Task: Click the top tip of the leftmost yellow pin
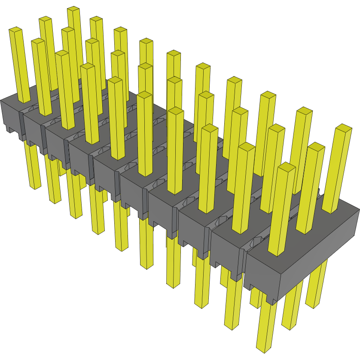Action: click(15, 30)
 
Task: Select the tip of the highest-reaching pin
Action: click(73, 9)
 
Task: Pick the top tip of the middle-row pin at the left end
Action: click(38, 41)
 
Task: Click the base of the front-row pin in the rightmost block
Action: click(277, 253)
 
